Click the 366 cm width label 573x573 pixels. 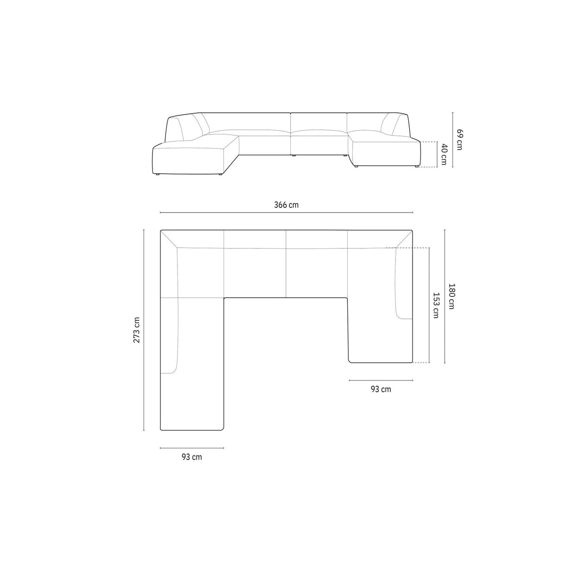(x=286, y=205)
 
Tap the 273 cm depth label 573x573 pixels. (x=136, y=329)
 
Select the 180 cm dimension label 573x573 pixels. (x=451, y=296)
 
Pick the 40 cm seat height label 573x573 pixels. (x=443, y=154)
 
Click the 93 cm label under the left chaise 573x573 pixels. (x=192, y=457)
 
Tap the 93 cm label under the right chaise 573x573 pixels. (x=380, y=389)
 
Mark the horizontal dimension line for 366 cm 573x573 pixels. (x=286, y=213)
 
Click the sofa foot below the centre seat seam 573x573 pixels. (x=294, y=155)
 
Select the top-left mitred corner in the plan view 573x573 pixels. (x=169, y=239)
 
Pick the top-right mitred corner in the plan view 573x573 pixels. (x=404, y=239)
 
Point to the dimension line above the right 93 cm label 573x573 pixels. (x=380, y=380)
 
